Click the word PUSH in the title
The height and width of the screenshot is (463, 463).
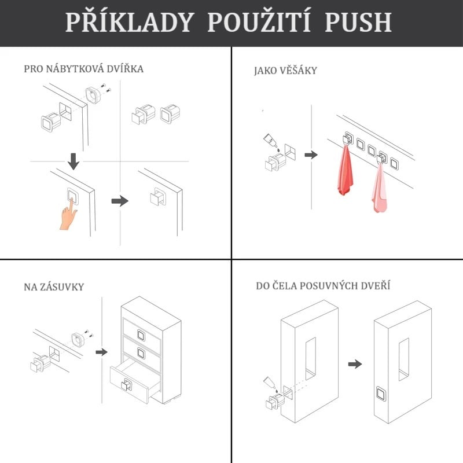pyautogui.click(x=358, y=22)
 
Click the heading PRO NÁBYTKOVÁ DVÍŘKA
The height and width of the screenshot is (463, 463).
pyautogui.click(x=83, y=69)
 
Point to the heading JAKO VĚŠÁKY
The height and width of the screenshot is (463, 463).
pyautogui.click(x=285, y=71)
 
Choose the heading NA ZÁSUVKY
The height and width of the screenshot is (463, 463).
pyautogui.click(x=54, y=287)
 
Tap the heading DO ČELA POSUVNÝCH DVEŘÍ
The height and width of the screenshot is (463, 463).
pyautogui.click(x=323, y=285)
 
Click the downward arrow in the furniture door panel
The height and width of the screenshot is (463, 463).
pyautogui.click(x=74, y=161)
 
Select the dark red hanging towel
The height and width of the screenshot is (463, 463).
pyautogui.click(x=345, y=170)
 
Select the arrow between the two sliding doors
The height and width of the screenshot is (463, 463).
pyautogui.click(x=355, y=364)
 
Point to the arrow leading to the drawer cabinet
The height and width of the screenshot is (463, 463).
pyautogui.click(x=102, y=352)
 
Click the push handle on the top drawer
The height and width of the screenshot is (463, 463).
pyautogui.click(x=141, y=335)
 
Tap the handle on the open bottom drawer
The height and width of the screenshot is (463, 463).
pyautogui.click(x=127, y=384)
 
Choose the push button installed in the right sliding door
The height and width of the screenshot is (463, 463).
pyautogui.click(x=381, y=394)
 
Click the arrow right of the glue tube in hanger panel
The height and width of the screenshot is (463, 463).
pyautogui.click(x=311, y=155)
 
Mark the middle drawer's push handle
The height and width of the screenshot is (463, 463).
pyautogui.click(x=141, y=353)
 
